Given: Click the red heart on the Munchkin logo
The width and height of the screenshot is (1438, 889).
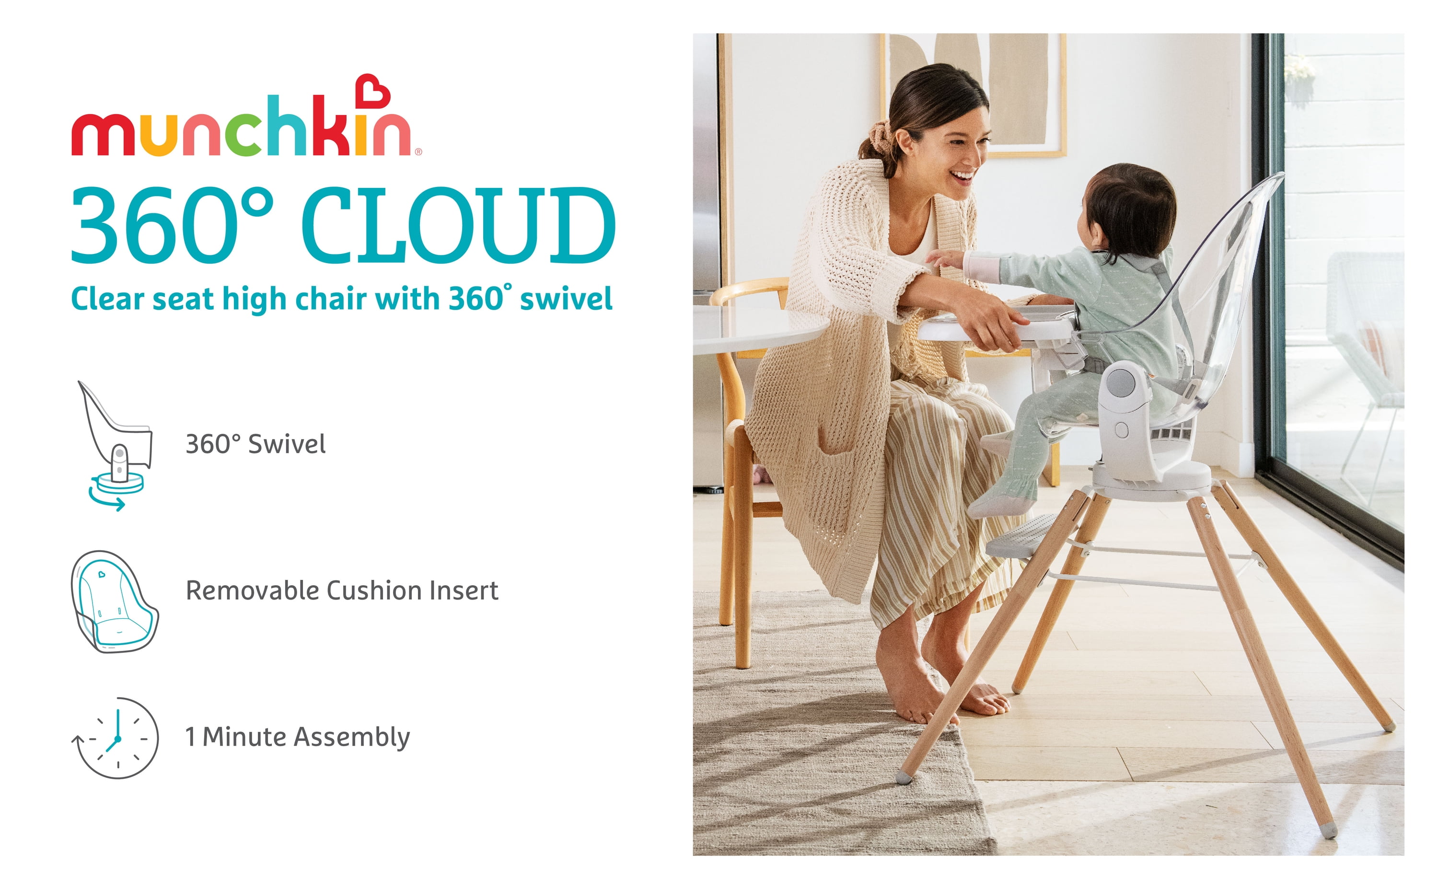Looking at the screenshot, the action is click(374, 91).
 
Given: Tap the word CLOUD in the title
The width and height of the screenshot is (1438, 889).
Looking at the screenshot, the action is click(459, 225).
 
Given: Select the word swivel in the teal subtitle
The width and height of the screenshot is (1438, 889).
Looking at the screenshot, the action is click(566, 299).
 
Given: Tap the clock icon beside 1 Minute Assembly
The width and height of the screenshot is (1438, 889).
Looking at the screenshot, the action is click(116, 737).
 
